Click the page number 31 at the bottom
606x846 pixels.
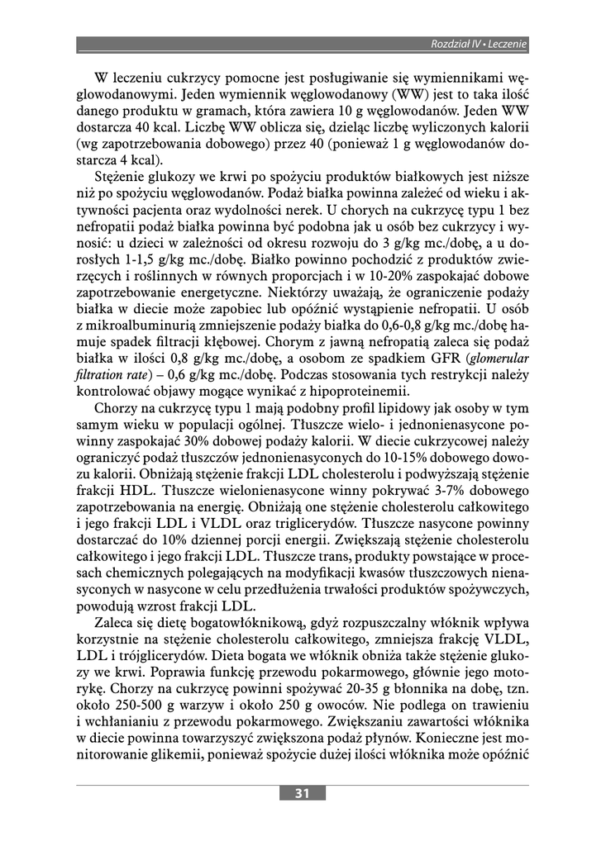point(303,793)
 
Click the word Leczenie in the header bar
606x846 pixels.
point(508,43)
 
